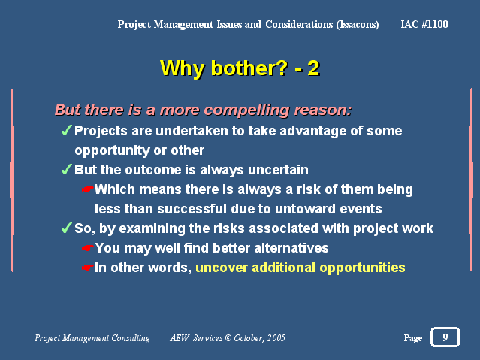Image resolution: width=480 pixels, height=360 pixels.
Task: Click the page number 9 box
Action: tap(445, 337)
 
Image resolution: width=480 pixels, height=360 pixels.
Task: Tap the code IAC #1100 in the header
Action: tap(424, 24)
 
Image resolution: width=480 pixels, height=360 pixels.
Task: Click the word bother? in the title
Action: tap(249, 68)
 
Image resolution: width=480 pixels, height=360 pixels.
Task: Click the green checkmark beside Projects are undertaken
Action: tap(66, 130)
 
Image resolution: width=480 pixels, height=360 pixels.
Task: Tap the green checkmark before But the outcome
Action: tap(66, 169)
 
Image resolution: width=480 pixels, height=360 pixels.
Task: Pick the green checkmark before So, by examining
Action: tap(66, 228)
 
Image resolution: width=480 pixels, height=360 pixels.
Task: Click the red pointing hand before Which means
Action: tap(87, 189)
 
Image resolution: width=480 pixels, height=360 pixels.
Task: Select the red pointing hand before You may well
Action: tap(87, 248)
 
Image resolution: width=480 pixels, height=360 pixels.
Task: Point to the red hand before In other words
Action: tap(87, 268)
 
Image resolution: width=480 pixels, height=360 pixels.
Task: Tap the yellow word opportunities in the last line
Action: tap(363, 268)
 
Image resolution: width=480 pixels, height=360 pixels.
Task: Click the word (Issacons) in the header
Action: tap(358, 25)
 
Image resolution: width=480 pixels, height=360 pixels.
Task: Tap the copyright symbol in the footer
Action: tap(228, 338)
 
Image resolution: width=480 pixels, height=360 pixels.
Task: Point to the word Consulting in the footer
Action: tap(131, 338)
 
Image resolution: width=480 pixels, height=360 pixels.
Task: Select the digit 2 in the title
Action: tap(313, 68)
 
